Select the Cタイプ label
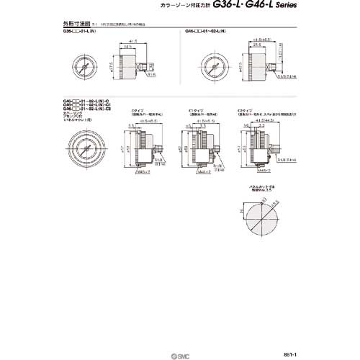tap(138, 112)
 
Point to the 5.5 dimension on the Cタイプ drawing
tap(132, 125)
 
